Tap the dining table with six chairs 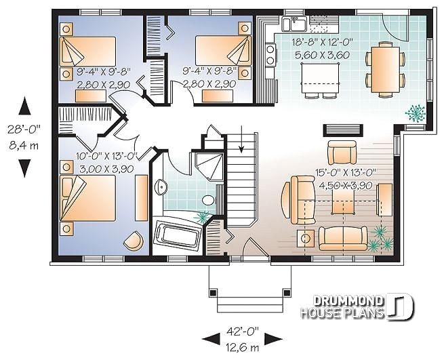tap(384, 67)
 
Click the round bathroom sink tap(160, 187)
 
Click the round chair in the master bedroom tap(135, 240)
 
